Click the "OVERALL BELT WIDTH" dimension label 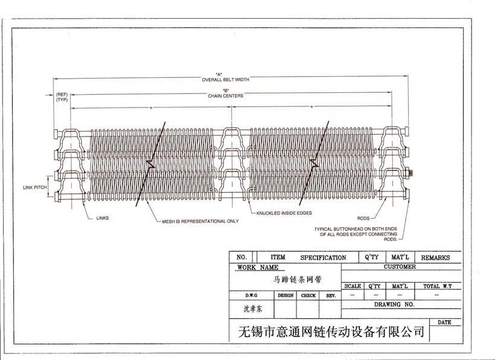click(x=225, y=79)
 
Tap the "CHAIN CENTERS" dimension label click(x=225, y=95)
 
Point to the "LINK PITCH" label click(x=35, y=187)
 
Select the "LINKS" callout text click(x=102, y=218)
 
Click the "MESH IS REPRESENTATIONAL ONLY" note click(x=200, y=222)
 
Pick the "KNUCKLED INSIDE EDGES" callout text click(x=284, y=213)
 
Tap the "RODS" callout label click(x=363, y=218)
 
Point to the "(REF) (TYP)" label click(x=62, y=97)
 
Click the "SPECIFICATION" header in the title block click(x=323, y=257)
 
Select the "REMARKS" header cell click(x=435, y=257)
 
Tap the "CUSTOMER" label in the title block click(x=400, y=266)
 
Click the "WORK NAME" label click(x=258, y=267)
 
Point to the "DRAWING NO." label click(x=394, y=305)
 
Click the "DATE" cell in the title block click(x=444, y=323)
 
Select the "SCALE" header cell click(x=353, y=286)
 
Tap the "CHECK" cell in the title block click(x=308, y=295)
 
